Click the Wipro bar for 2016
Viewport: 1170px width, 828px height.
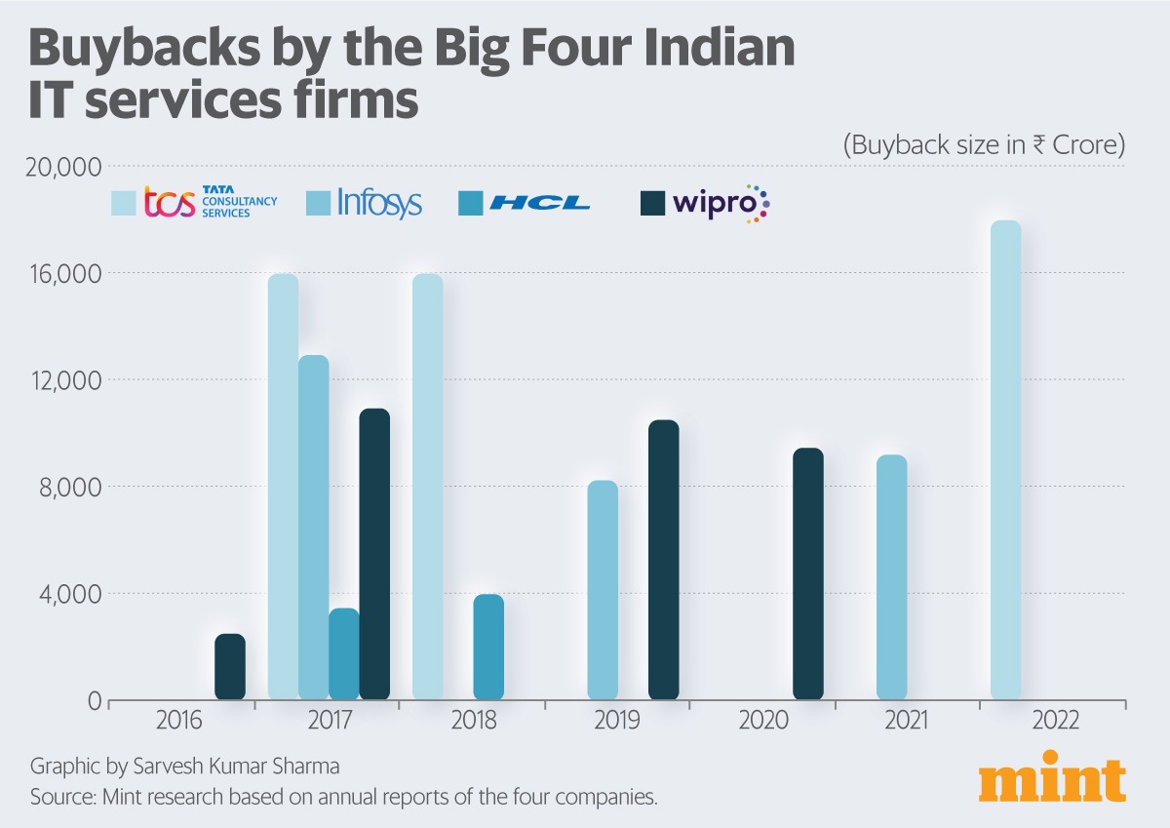[230, 667]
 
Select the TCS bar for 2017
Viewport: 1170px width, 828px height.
[283, 488]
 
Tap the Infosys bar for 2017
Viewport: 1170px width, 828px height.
[313, 528]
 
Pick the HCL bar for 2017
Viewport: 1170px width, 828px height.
[344, 654]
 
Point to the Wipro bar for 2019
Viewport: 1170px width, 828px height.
[663, 560]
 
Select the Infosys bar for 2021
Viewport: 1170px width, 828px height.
[891, 577]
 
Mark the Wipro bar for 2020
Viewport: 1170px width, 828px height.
[808, 574]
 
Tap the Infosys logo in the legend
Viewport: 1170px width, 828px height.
[379, 203]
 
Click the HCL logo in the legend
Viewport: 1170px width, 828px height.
[539, 203]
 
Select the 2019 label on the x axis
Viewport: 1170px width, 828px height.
[617, 722]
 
